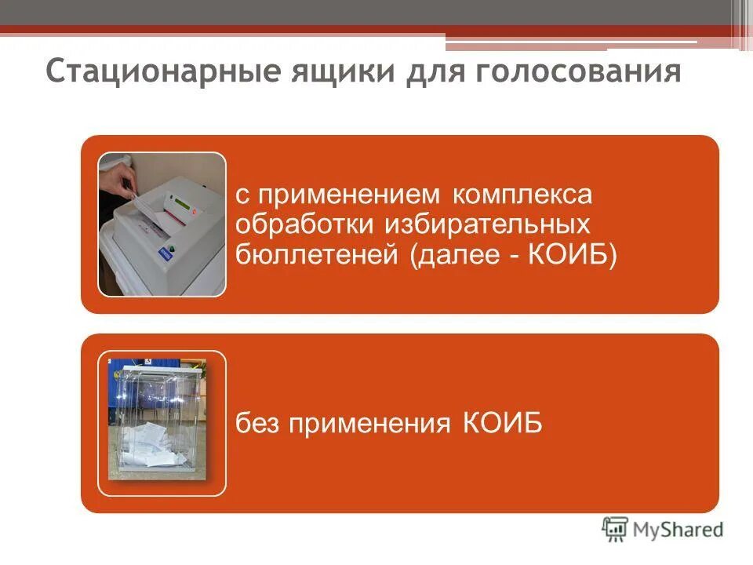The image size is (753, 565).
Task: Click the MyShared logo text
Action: [x=678, y=530]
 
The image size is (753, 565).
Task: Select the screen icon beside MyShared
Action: [x=616, y=530]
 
